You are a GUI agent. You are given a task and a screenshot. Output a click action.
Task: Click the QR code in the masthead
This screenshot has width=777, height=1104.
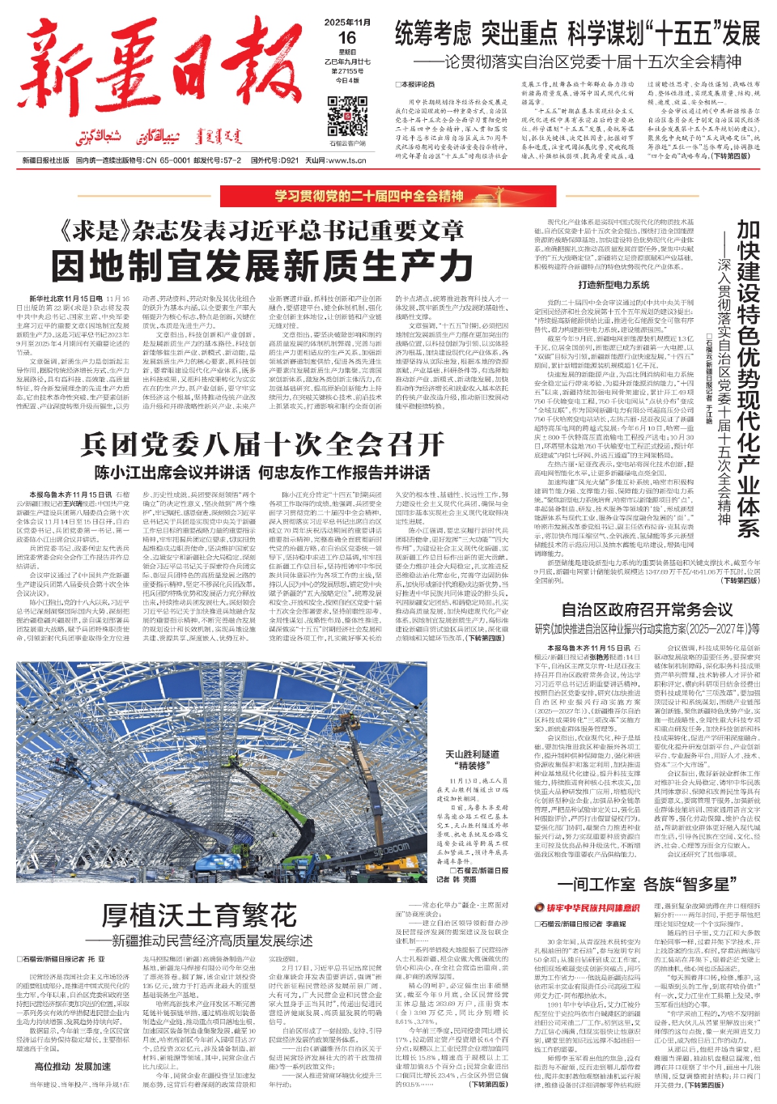click(347, 117)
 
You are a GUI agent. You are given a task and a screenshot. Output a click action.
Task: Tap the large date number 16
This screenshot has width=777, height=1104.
click(347, 38)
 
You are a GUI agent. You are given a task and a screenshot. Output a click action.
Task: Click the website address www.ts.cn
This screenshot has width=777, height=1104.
click(348, 160)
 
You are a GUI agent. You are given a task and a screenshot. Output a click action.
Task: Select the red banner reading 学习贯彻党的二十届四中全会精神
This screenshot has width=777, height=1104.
click(369, 196)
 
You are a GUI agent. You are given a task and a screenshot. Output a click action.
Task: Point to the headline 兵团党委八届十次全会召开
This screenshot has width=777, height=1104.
click(262, 444)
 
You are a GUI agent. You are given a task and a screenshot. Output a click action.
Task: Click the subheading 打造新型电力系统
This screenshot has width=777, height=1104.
click(614, 285)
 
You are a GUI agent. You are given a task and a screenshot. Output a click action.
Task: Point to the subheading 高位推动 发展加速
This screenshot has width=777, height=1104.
click(72, 1066)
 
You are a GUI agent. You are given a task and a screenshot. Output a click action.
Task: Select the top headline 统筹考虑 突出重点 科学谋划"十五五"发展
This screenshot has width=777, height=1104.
click(577, 34)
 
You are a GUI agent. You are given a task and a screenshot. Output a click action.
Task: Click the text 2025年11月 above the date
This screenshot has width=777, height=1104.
click(347, 22)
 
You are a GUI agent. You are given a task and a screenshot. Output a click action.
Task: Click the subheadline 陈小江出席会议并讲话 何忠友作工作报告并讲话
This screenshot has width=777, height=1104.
click(262, 473)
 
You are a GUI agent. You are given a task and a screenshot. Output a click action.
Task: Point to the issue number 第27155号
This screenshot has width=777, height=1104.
click(347, 71)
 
